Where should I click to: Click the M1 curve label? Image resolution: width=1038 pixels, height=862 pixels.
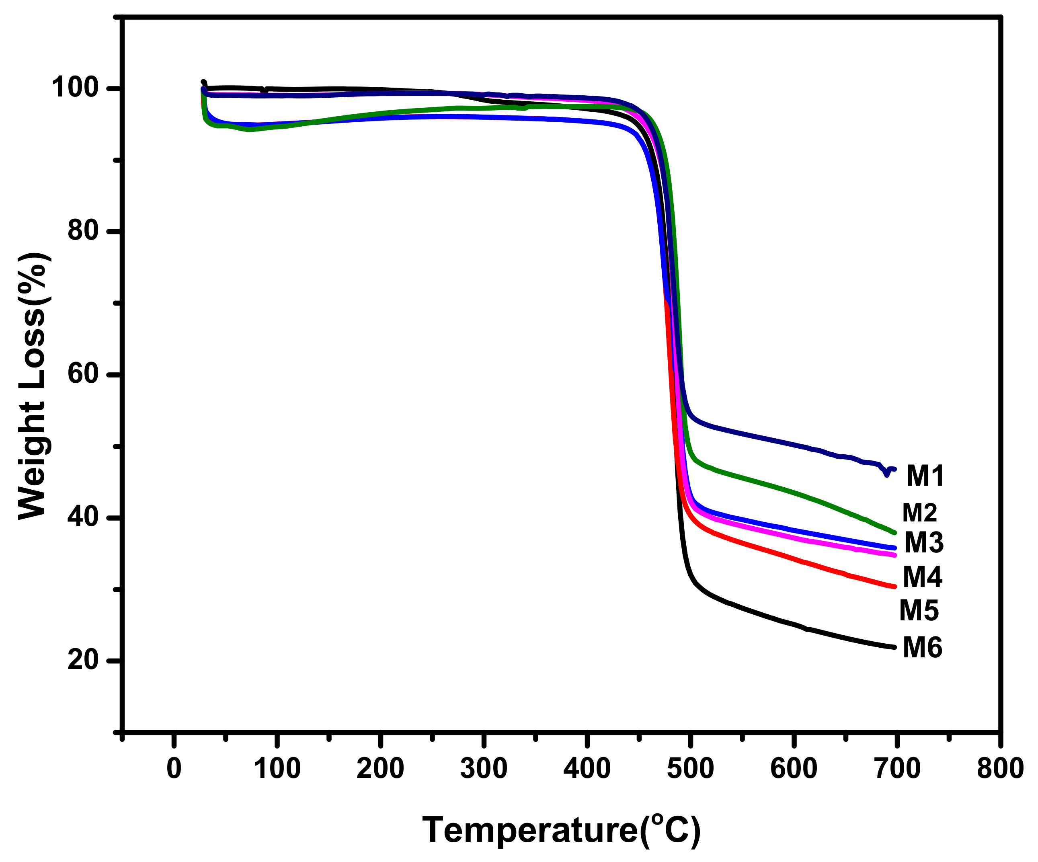pyautogui.click(x=925, y=476)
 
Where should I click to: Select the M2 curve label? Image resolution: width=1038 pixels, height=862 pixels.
pyautogui.click(x=919, y=513)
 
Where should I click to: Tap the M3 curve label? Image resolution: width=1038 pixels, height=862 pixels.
pyautogui.click(x=924, y=543)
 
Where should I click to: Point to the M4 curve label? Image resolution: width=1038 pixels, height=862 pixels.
pyautogui.click(x=922, y=577)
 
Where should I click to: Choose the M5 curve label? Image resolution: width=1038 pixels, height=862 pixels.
pyautogui.click(x=919, y=610)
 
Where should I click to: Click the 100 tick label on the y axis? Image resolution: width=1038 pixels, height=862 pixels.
pyautogui.click(x=75, y=88)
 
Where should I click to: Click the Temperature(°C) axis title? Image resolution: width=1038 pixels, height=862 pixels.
pyautogui.click(x=562, y=829)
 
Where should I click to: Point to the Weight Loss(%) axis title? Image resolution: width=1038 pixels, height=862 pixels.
pyautogui.click(x=33, y=386)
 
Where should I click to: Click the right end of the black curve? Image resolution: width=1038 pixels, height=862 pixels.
pyautogui.click(x=894, y=647)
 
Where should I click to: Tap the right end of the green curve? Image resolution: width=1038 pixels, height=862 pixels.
pyautogui.click(x=894, y=533)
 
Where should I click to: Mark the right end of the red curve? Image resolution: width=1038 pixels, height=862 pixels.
pyautogui.click(x=894, y=587)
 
